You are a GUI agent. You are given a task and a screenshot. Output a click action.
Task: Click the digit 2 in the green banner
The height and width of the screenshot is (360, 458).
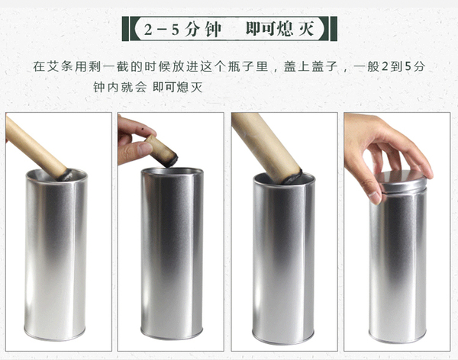[148, 29]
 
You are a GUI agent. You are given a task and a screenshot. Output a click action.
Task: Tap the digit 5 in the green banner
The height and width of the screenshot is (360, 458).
[176, 29]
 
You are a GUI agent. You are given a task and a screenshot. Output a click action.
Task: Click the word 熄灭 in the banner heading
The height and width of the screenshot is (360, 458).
[295, 29]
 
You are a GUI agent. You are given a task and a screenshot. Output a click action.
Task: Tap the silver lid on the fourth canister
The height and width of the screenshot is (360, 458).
[400, 181]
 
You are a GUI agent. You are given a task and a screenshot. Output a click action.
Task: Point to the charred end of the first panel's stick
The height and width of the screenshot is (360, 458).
[66, 175]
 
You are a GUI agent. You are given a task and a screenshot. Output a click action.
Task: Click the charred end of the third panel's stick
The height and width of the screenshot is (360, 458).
[293, 178]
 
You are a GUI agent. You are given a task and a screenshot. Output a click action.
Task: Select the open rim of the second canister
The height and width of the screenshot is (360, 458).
[172, 172]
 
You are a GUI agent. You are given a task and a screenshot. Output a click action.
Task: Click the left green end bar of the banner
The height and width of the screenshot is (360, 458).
[125, 29]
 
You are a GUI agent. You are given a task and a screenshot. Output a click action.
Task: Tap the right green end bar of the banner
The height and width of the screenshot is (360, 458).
[334, 29]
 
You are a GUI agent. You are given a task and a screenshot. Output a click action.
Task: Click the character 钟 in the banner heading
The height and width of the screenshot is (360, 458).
[213, 29]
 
